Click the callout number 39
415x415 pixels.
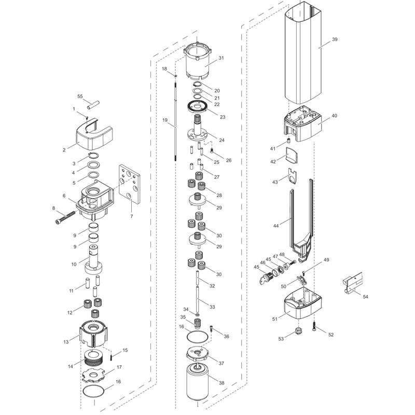pyautogui.click(x=335, y=40)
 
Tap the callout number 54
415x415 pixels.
pyautogui.click(x=365, y=296)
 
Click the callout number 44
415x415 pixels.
pyautogui.click(x=276, y=226)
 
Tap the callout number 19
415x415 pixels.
pyautogui.click(x=165, y=120)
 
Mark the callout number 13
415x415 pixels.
pyautogui.click(x=66, y=341)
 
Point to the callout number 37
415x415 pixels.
pyautogui.click(x=221, y=363)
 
